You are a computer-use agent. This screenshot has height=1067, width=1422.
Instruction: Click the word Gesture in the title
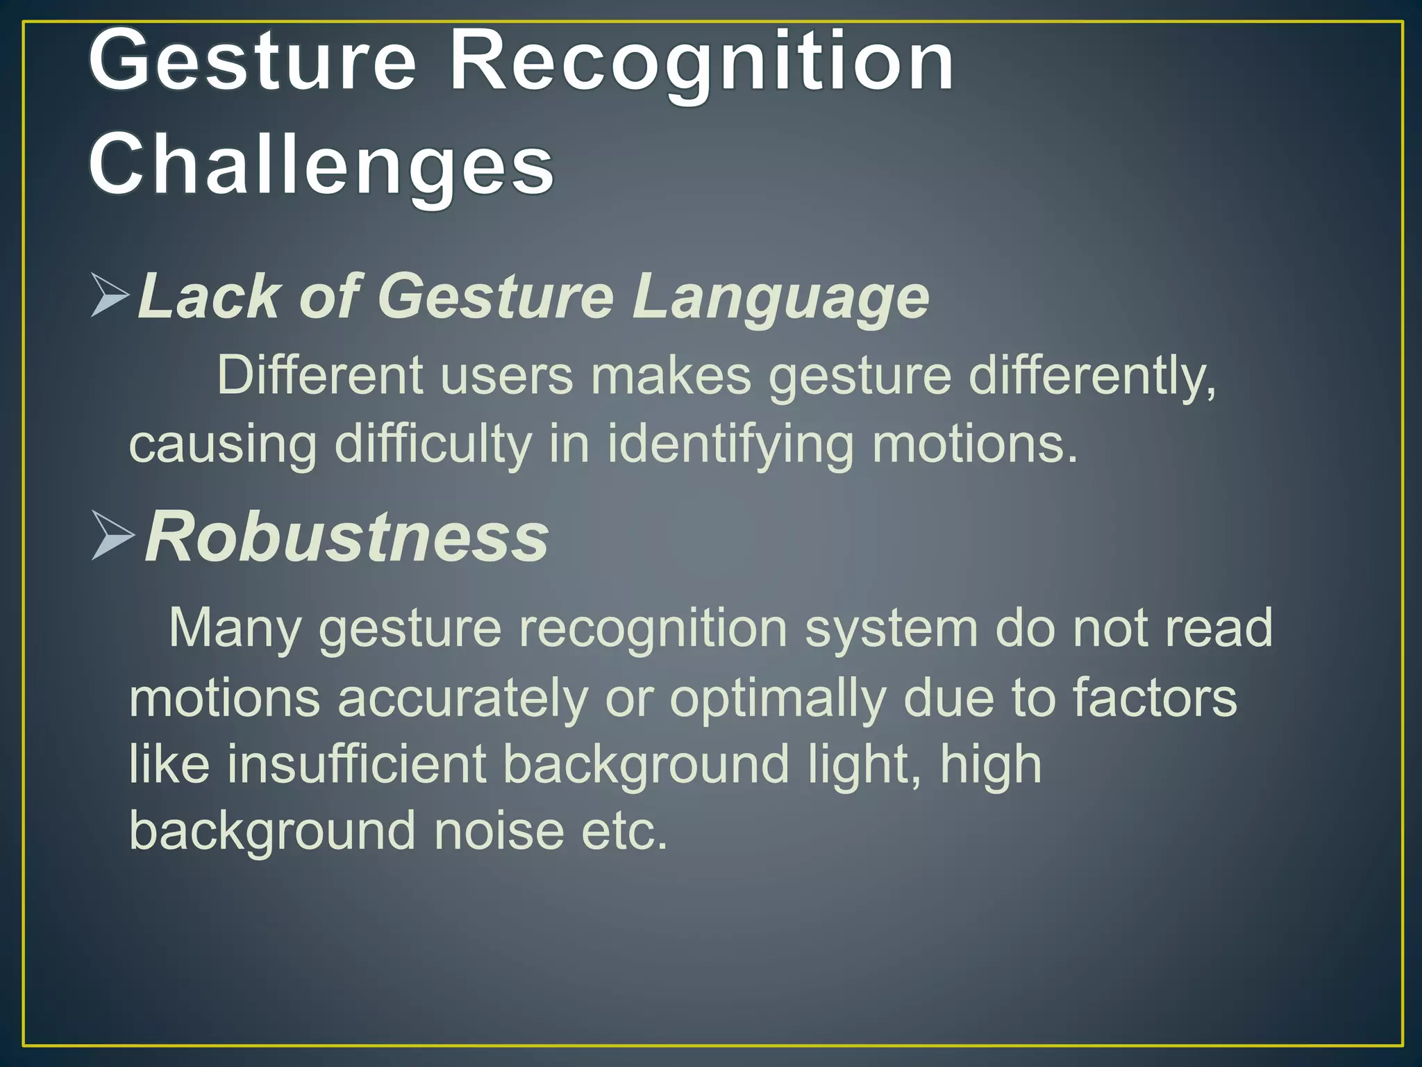253,64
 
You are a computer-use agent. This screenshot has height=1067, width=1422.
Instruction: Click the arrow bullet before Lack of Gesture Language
110,296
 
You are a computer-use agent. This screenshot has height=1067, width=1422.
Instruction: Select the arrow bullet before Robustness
113,536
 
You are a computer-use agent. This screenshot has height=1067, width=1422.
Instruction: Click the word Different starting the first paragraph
319,375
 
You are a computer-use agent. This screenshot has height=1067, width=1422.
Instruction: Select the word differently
1092,377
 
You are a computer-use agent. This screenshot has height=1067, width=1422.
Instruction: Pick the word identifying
730,445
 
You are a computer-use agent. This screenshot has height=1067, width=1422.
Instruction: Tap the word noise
499,832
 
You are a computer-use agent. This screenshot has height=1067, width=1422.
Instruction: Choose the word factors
1155,697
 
